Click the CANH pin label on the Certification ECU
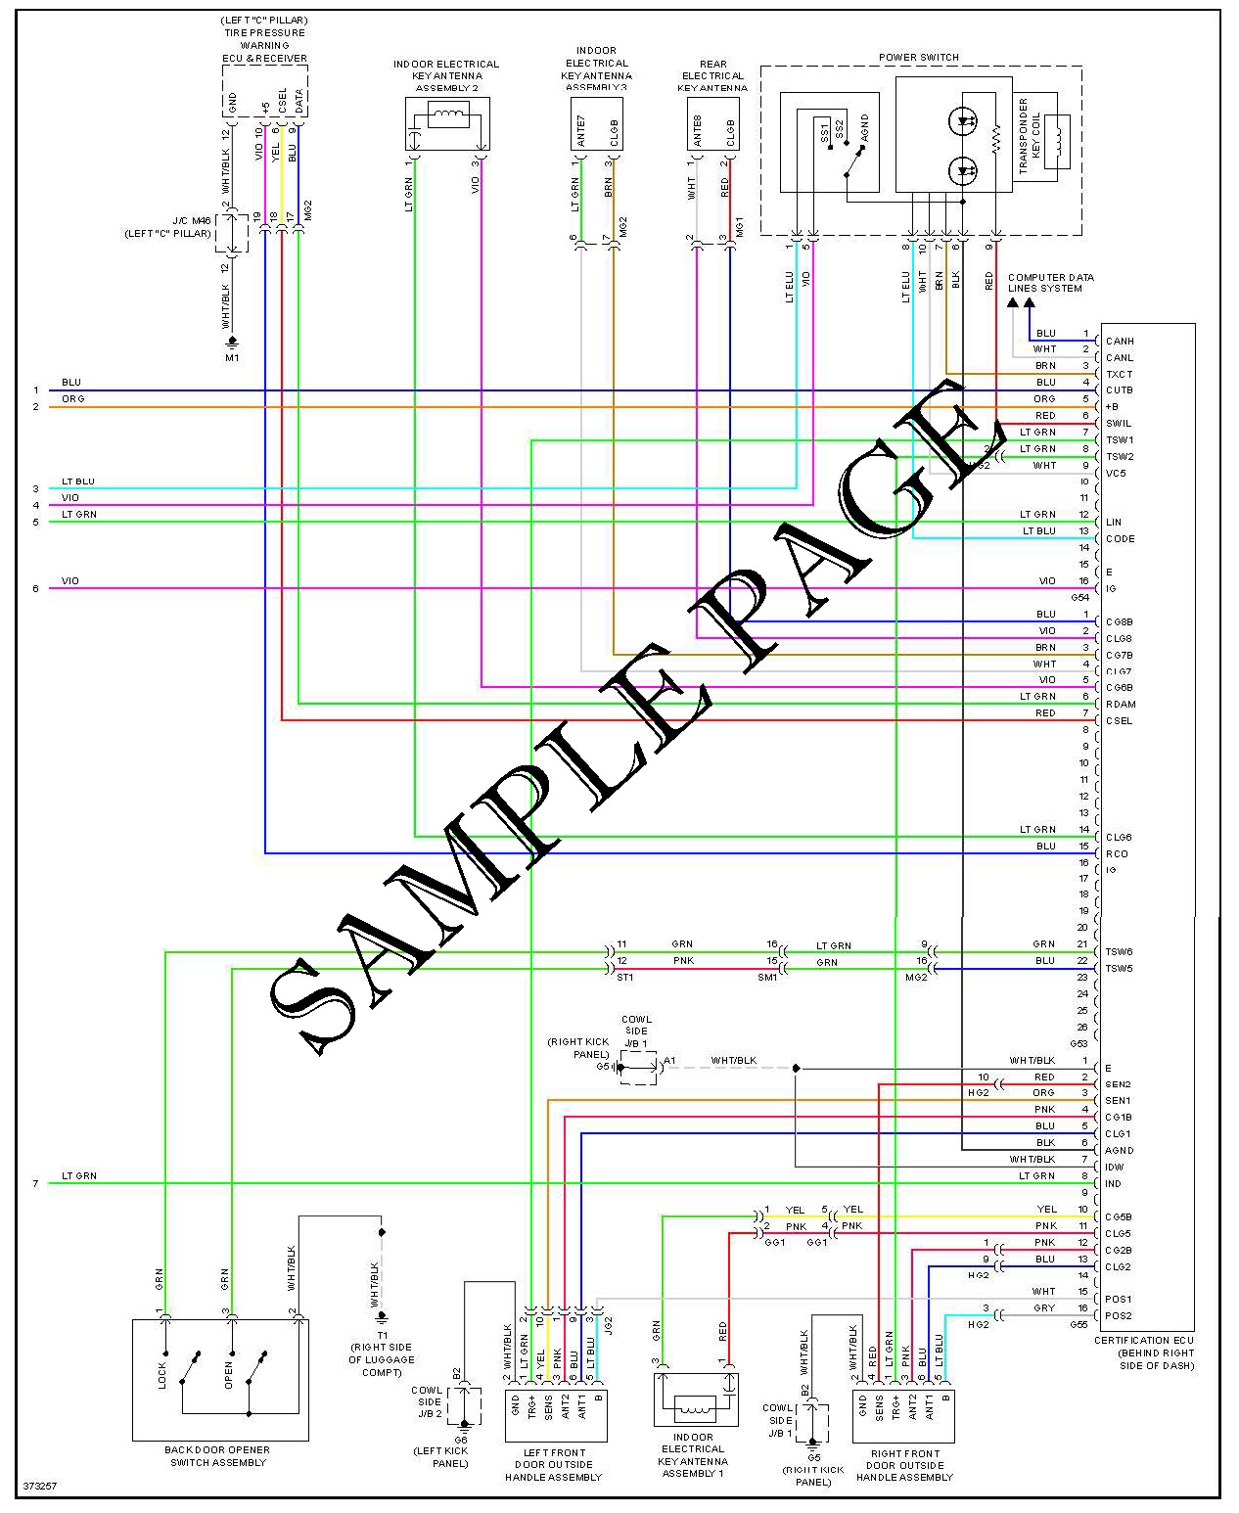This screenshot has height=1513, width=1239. pyautogui.click(x=1119, y=342)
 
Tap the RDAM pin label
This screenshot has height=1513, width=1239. pyautogui.click(x=1121, y=705)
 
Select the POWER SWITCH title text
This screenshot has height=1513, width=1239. pyautogui.click(x=918, y=58)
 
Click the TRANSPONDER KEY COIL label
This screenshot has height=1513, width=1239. pyautogui.click(x=1029, y=136)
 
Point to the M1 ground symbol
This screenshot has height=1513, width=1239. pyautogui.click(x=232, y=344)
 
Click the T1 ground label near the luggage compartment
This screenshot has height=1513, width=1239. pyautogui.click(x=382, y=1335)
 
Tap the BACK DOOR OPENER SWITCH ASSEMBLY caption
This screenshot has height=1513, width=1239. pyautogui.click(x=217, y=1456)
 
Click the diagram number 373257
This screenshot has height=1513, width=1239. pyautogui.click(x=40, y=1486)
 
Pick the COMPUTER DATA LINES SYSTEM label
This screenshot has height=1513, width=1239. pyautogui.click(x=1050, y=283)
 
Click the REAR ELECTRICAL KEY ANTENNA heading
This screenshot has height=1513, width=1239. pyautogui.click(x=712, y=76)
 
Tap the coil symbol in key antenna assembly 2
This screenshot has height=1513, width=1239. pyautogui.click(x=448, y=116)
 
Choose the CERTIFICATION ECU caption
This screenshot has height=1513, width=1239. pyautogui.click(x=1144, y=1353)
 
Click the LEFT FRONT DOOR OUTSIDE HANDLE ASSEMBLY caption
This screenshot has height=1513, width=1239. pyautogui.click(x=554, y=1465)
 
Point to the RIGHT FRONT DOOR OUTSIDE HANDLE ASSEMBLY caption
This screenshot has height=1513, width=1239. pyautogui.click(x=904, y=1465)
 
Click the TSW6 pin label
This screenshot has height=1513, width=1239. pyautogui.click(x=1119, y=952)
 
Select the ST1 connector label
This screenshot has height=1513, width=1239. pyautogui.click(x=624, y=977)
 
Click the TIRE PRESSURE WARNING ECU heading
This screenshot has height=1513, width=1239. pyautogui.click(x=264, y=39)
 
